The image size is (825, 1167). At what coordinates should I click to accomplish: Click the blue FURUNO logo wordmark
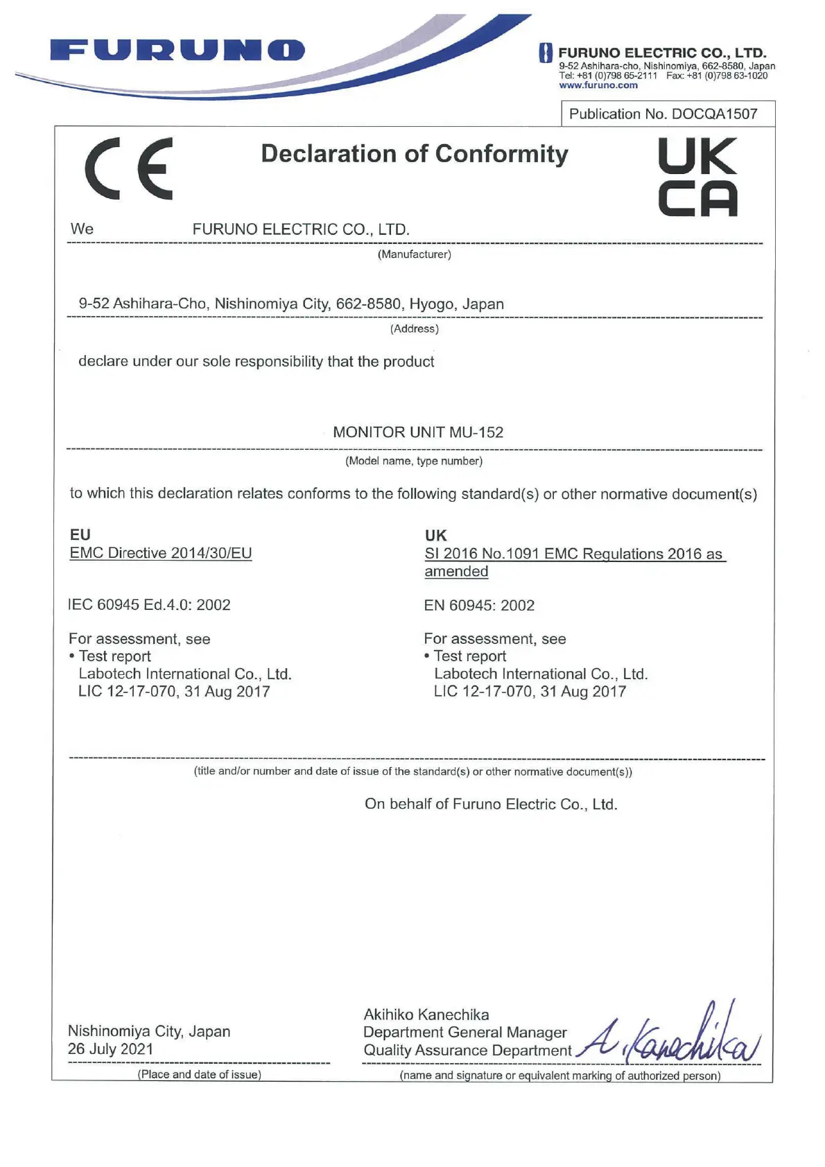pos(177,51)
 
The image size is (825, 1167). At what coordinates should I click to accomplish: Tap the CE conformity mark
pos(129,168)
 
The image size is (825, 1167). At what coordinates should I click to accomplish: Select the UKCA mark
pos(697,177)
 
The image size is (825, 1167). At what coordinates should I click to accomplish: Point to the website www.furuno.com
pos(598,85)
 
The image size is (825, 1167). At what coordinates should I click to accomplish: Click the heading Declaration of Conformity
pos(414,154)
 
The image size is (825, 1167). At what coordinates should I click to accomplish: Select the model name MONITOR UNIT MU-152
pos(418,432)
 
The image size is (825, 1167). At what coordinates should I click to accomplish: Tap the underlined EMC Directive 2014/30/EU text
pos(161,553)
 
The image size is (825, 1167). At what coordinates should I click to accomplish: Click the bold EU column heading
pos(80,534)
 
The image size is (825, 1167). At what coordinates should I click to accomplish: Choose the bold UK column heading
pos(435,535)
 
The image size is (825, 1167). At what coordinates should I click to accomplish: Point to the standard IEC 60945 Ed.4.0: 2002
pos(150,605)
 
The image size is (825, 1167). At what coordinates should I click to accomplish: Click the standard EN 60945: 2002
pos(479,606)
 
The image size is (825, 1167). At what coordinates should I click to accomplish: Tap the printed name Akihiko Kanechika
pos(426,1015)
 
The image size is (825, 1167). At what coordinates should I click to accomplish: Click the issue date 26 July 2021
pos(110,1049)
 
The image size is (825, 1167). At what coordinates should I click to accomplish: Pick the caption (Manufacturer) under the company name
pos(414,254)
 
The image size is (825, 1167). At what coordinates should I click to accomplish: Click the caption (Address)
pos(414,328)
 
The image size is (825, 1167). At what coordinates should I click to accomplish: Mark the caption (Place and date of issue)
pos(199,1074)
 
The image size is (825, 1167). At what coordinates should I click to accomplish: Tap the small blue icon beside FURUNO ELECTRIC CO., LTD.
pos(546,53)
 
